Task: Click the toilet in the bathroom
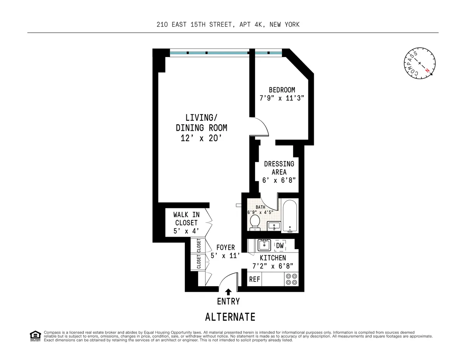coord(255,222)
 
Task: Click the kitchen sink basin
coord(265,245)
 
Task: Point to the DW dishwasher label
coord(280,246)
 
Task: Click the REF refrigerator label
coord(254,279)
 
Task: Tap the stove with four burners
coord(292,279)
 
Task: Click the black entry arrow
coord(228,292)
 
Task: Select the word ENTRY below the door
coord(228,301)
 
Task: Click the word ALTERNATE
coord(230,317)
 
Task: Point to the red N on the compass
coord(427,70)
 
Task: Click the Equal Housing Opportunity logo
coord(35,336)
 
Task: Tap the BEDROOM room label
coord(282,90)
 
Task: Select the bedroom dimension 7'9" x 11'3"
coord(282,99)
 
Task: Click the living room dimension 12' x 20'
coord(201,138)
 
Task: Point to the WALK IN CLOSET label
coord(186,223)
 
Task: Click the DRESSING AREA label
coord(279,168)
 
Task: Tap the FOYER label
coord(226,247)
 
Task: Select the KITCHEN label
coord(273,258)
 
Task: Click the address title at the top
coord(228,24)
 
